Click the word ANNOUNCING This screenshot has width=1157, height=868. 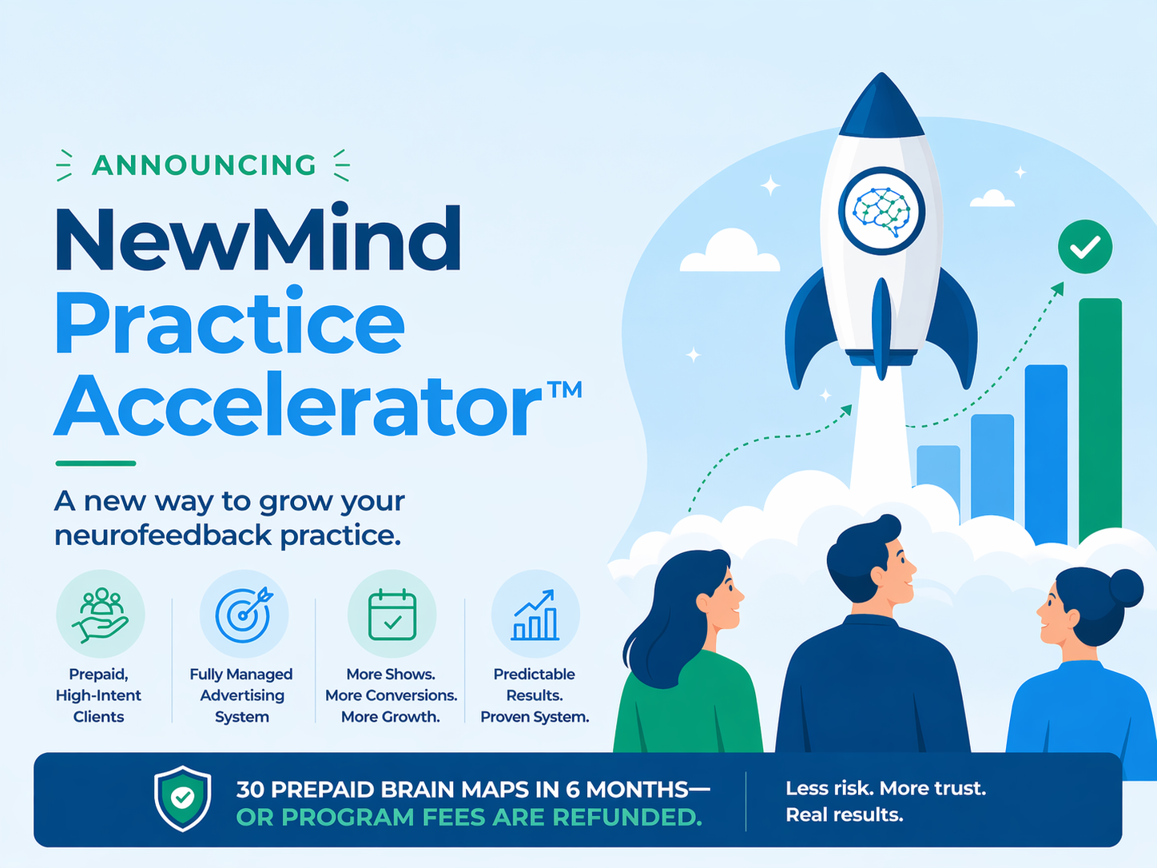(x=204, y=165)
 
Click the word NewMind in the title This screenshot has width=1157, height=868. (x=257, y=240)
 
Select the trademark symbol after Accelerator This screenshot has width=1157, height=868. (x=564, y=390)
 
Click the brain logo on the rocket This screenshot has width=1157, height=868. (x=881, y=211)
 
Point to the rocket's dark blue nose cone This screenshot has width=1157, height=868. (x=881, y=108)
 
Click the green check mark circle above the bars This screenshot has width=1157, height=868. (x=1084, y=247)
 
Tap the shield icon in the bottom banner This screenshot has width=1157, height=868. (x=183, y=798)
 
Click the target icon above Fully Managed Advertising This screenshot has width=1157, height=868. (x=244, y=614)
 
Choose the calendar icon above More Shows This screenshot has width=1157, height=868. (x=392, y=614)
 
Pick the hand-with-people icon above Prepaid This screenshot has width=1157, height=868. (x=100, y=614)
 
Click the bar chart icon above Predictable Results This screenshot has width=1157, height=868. (x=535, y=614)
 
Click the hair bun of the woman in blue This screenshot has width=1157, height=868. (x=1125, y=587)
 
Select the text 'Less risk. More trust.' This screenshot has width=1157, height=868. (x=885, y=789)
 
